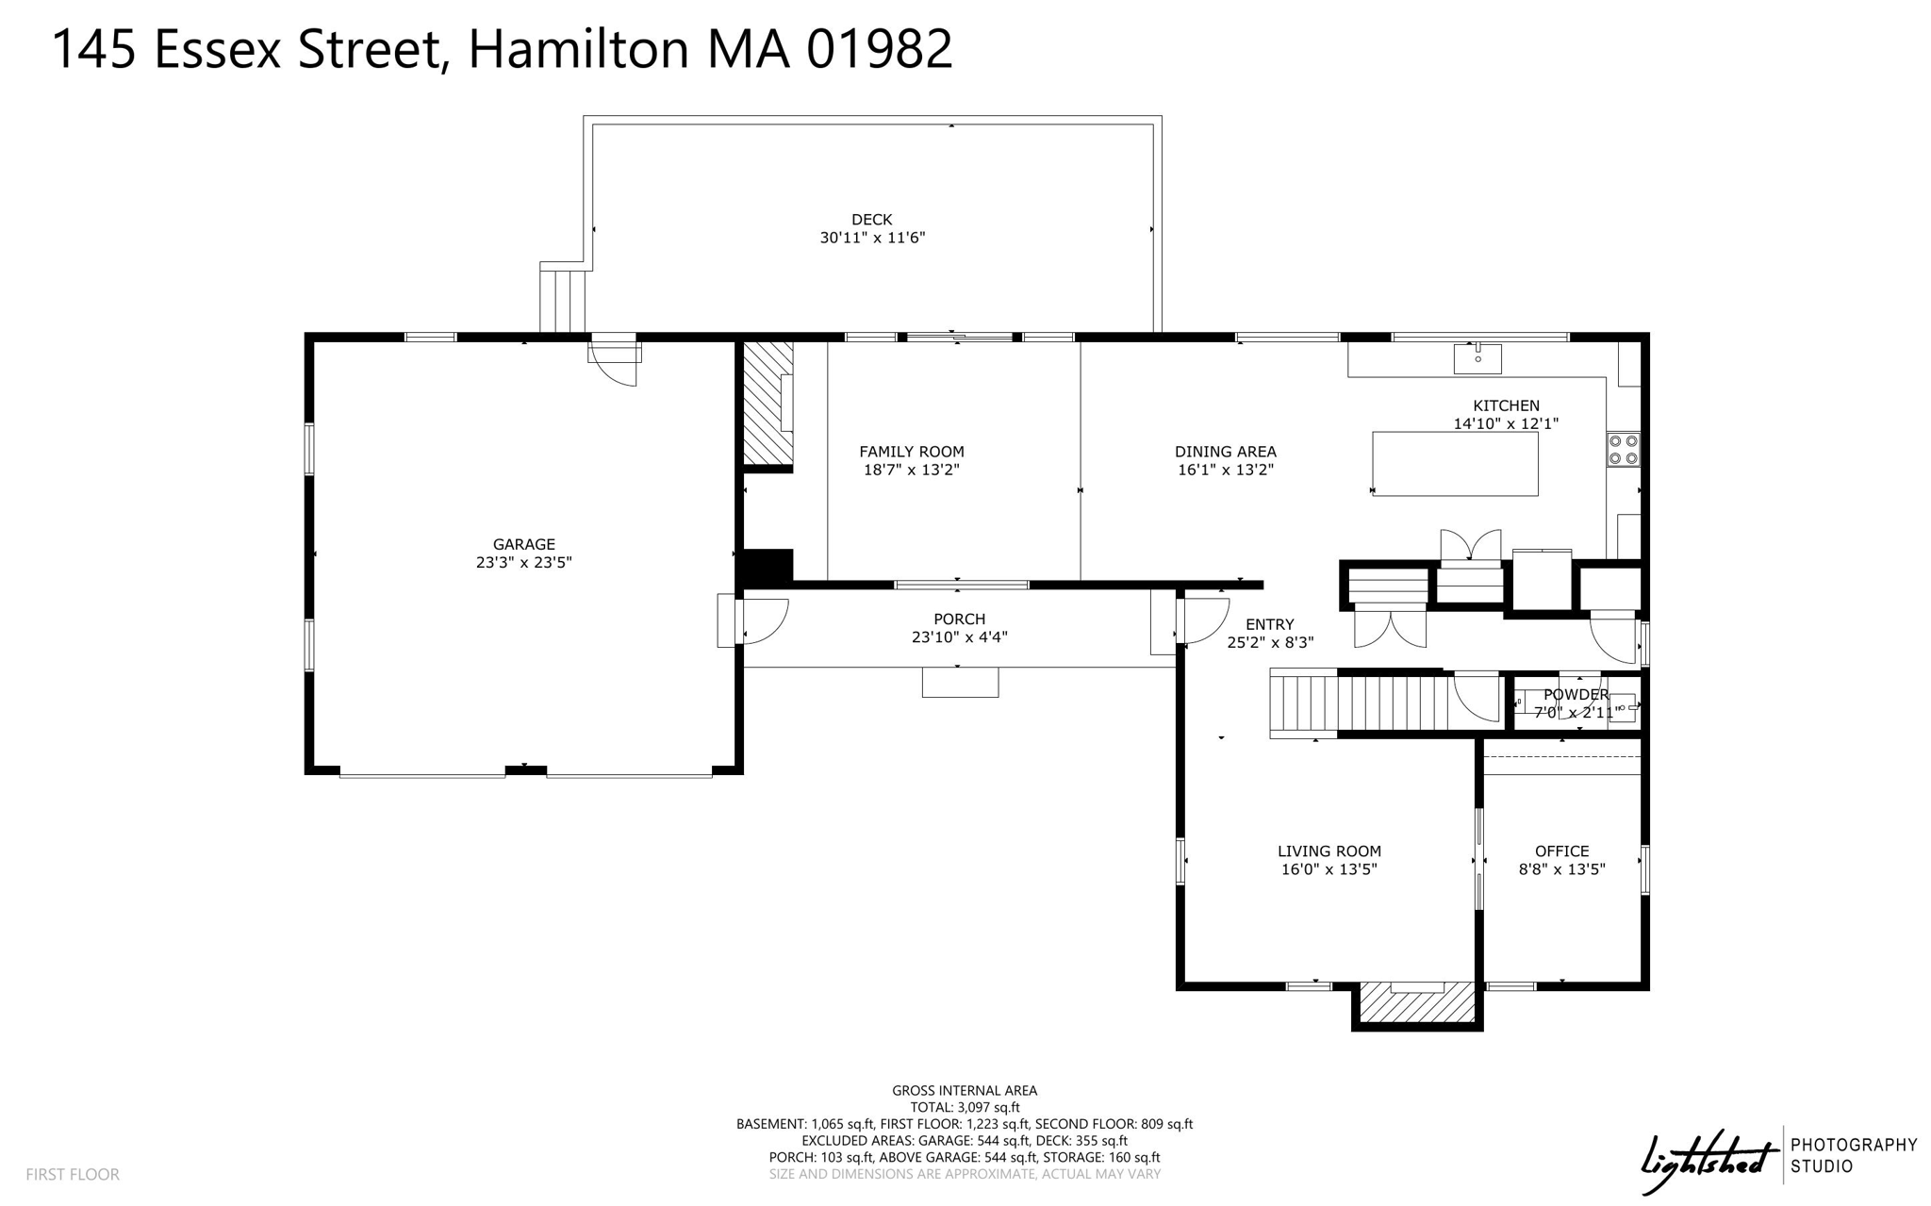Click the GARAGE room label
[x=523, y=544]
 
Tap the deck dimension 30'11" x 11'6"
[x=872, y=238]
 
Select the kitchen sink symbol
[x=1477, y=357]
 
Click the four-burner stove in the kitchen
[x=1623, y=450]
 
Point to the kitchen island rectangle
[x=1455, y=464]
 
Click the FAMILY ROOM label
[x=911, y=452]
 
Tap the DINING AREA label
[x=1225, y=452]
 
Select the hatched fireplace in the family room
[x=767, y=403]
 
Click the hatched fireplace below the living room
[x=1417, y=1003]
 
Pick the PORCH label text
[x=959, y=619]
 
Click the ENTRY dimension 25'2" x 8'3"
[x=1269, y=642]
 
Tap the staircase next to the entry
[x=1358, y=702]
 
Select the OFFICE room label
[x=1561, y=851]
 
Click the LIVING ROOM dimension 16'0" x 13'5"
[x=1329, y=869]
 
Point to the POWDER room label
[x=1576, y=695]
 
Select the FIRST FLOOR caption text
[x=73, y=1174]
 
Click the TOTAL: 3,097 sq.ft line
[x=965, y=1107]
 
